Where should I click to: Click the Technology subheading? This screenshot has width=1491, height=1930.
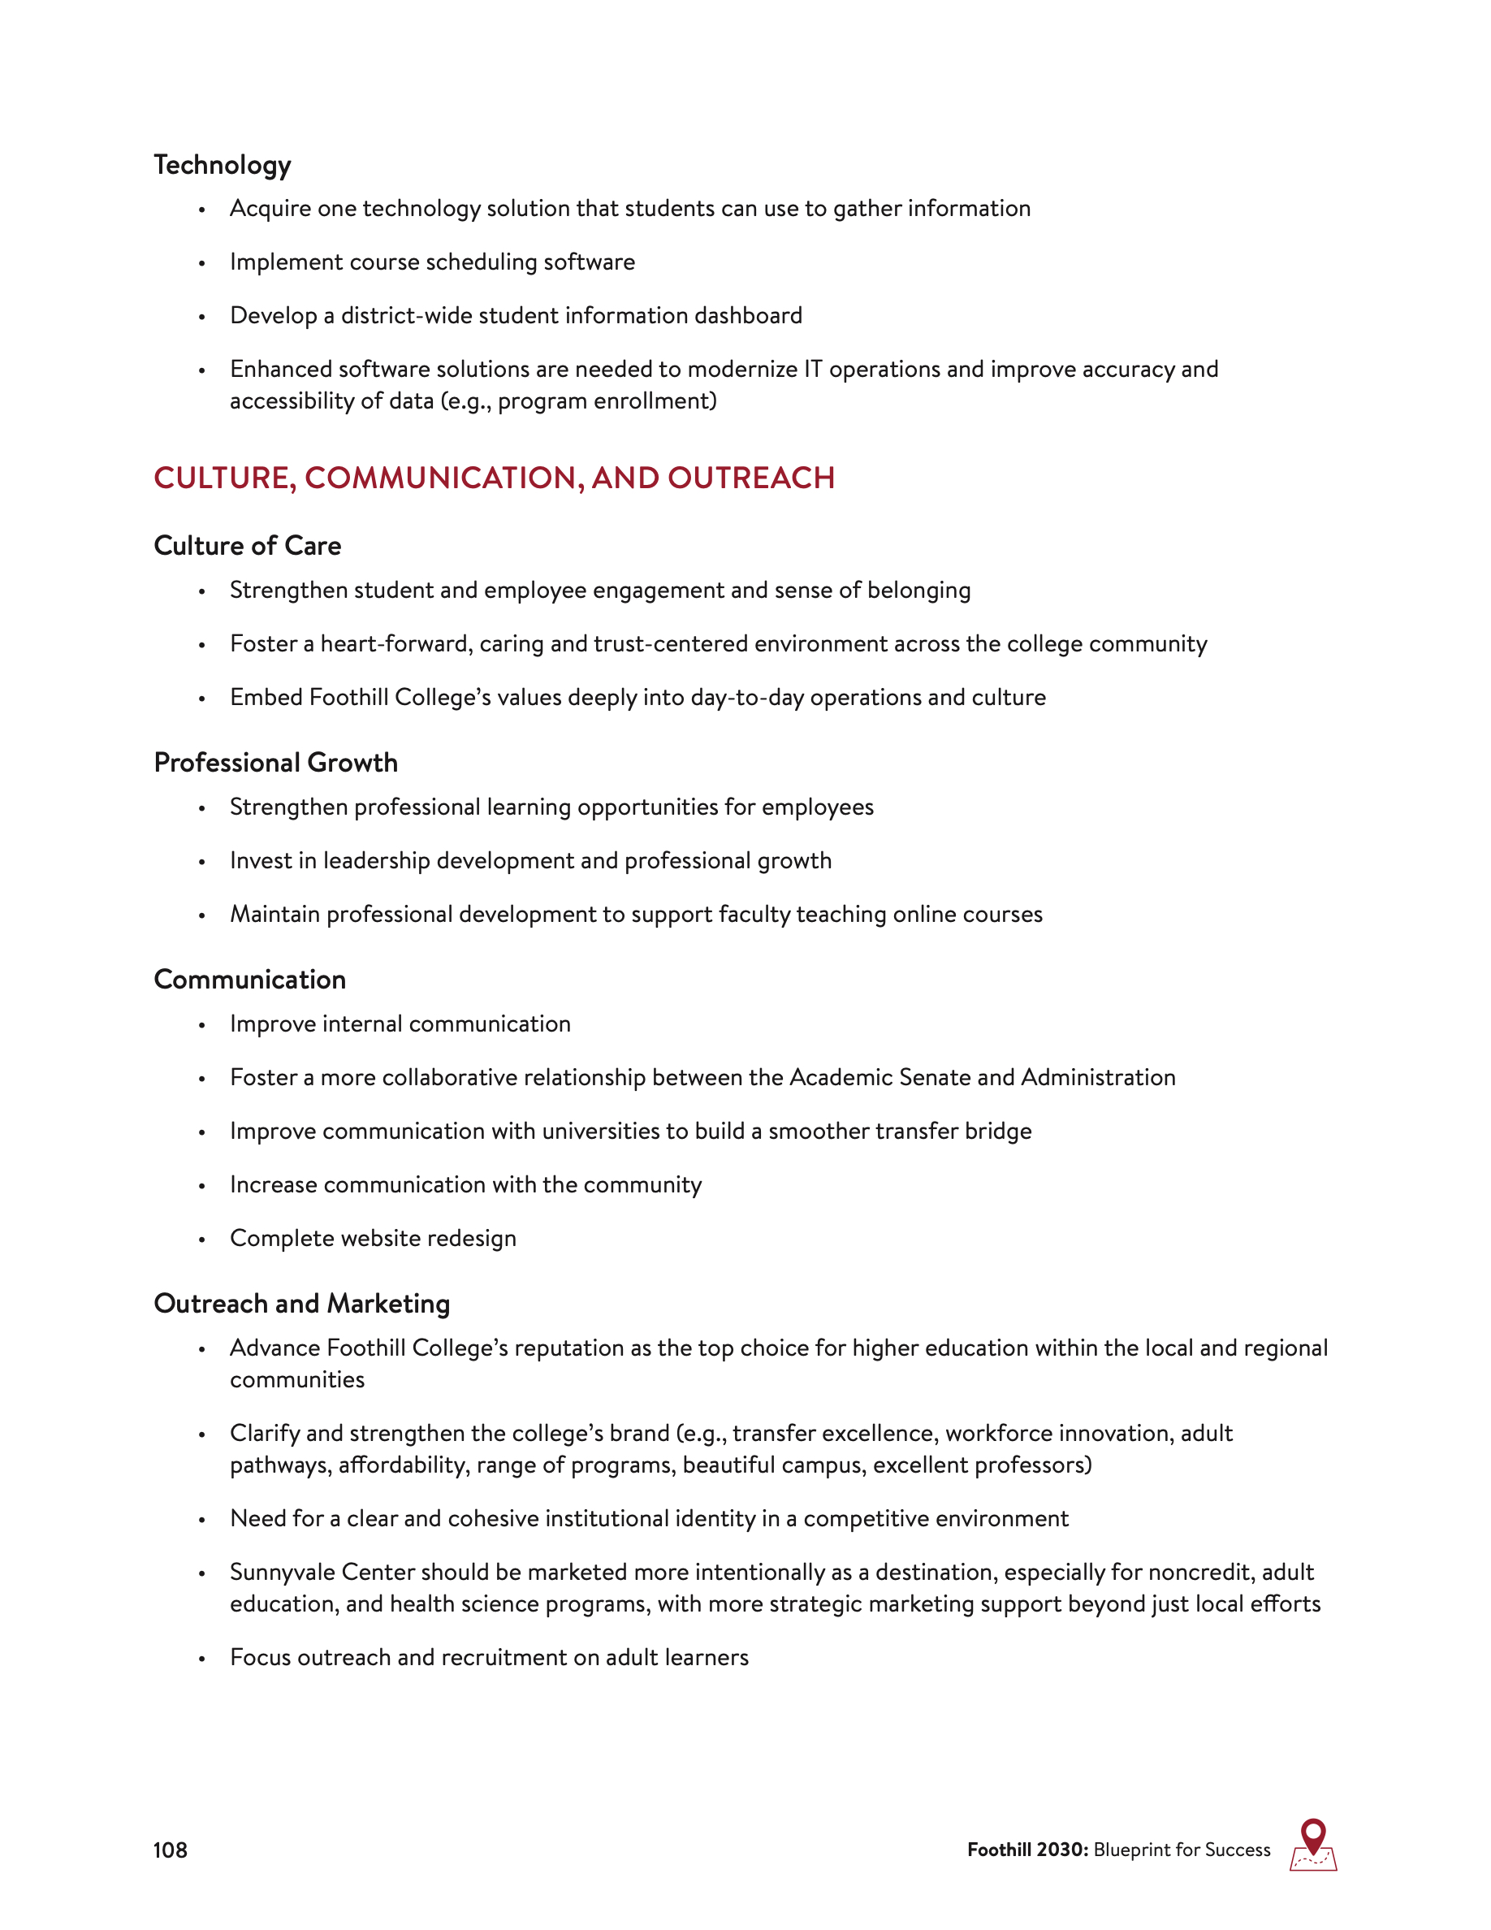click(222, 165)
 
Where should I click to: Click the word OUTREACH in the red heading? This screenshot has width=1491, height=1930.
click(751, 478)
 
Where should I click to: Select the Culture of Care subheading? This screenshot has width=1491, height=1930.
click(248, 546)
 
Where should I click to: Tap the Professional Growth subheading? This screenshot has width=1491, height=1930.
click(275, 763)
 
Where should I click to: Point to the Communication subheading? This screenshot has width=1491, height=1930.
click(250, 979)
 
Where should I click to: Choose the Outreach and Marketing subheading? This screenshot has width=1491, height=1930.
click(302, 1304)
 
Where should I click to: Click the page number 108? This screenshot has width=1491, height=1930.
click(170, 1850)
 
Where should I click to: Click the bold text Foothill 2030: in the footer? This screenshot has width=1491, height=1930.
click(1027, 1850)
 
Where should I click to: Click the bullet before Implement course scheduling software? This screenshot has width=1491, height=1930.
click(202, 263)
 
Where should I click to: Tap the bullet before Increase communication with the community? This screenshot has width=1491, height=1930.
click(202, 1186)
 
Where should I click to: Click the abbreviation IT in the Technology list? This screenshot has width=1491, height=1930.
click(813, 369)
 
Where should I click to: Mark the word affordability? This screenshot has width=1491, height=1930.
click(404, 1465)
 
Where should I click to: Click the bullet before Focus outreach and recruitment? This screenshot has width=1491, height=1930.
click(202, 1659)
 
